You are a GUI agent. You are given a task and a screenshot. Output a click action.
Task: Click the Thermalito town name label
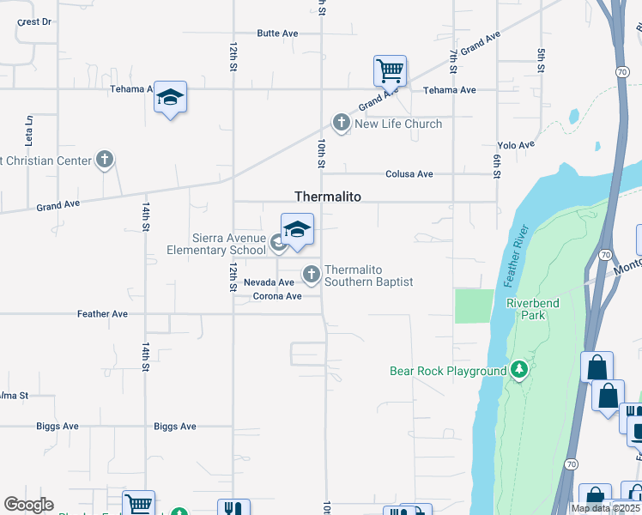pos(327,197)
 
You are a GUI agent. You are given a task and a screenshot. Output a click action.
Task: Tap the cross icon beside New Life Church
pos(342,124)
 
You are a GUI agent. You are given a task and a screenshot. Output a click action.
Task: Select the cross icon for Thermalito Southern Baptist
pos(311,275)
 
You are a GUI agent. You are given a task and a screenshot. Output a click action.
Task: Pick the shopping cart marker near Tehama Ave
pos(390,70)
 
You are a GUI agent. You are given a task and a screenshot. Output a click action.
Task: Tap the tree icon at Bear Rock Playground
pos(518,370)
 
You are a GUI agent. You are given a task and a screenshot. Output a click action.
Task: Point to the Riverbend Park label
pos(526,309)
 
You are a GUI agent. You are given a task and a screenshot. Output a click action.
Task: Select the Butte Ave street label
pos(277,33)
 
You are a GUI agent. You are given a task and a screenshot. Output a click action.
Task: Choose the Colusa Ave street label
pos(409,174)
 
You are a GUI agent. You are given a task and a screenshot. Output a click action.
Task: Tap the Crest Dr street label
pos(34,21)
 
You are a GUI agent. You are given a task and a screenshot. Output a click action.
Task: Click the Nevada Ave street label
pos(269,282)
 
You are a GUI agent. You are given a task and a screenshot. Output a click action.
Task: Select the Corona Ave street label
pos(277,297)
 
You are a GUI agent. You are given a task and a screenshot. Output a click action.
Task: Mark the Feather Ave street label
pos(102,314)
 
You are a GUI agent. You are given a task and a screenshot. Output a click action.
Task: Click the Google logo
pos(28,505)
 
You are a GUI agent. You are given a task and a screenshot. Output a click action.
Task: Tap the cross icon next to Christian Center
pos(105,160)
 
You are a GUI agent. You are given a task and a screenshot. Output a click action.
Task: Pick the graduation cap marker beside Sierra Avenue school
pos(297,230)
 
